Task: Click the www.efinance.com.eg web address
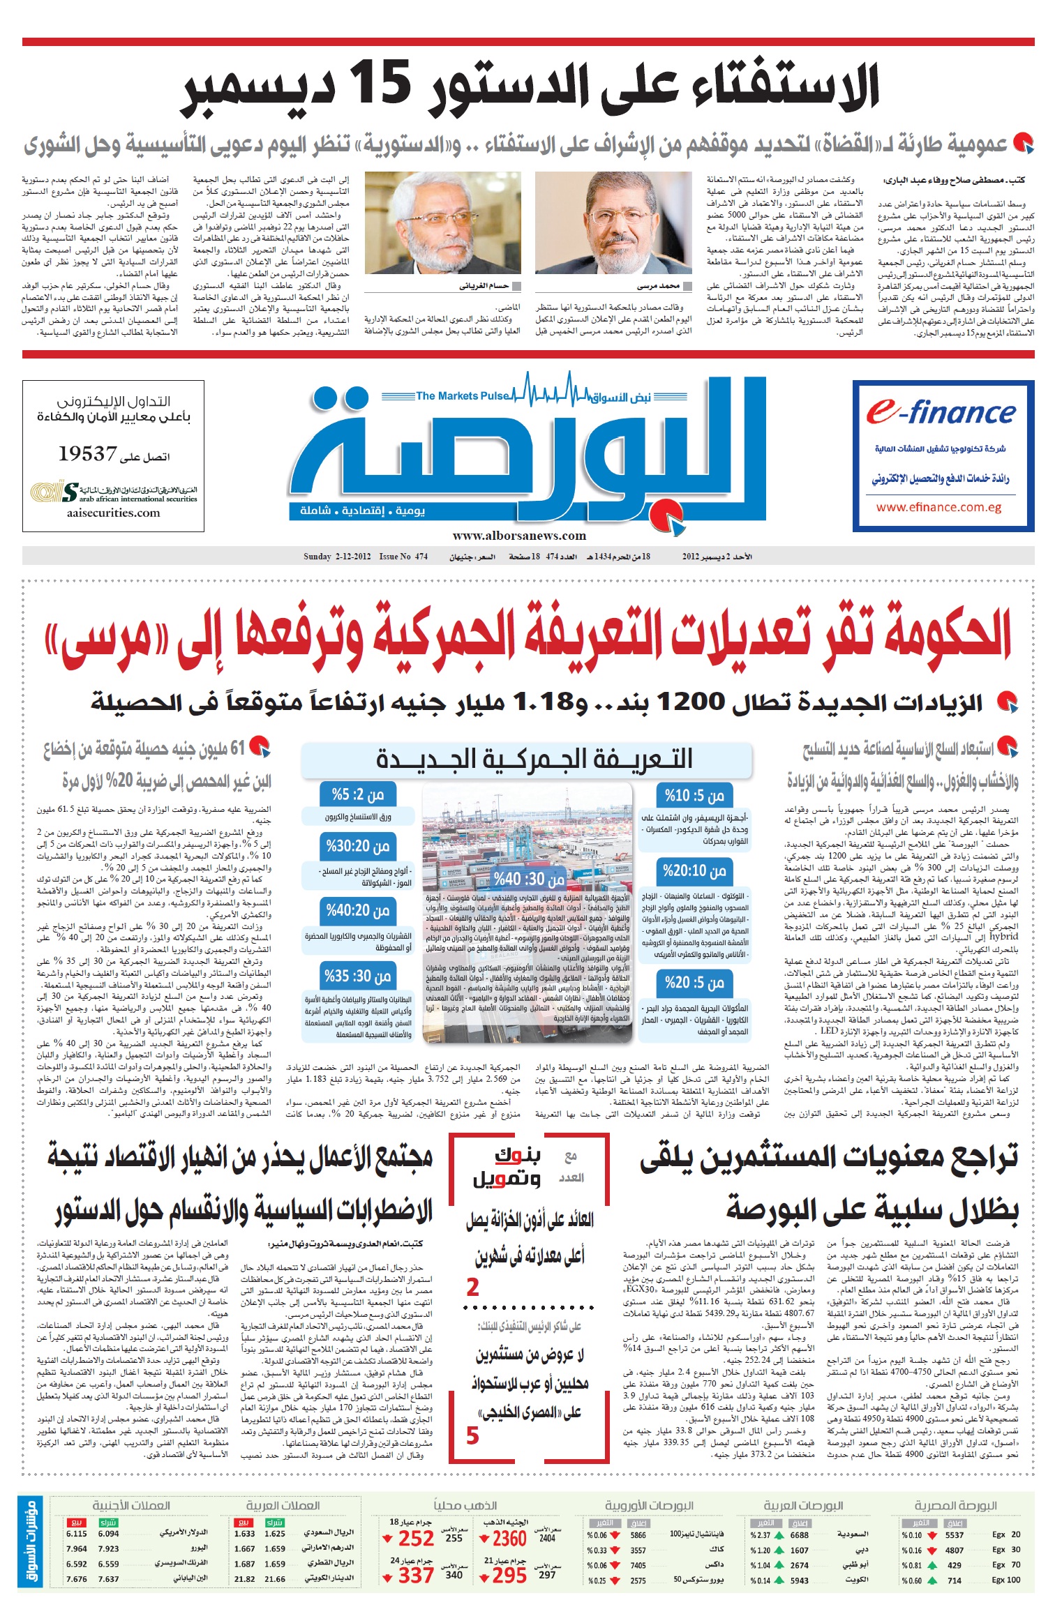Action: tap(938, 508)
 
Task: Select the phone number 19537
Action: tap(87, 455)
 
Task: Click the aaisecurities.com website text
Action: tap(113, 513)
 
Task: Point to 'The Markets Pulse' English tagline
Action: tap(462, 396)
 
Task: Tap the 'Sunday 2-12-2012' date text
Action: tap(336, 557)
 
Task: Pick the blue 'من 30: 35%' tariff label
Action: tap(357, 976)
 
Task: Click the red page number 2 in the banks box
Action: tap(473, 1288)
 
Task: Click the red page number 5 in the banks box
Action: tap(472, 1435)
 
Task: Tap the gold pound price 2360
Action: tap(509, 1538)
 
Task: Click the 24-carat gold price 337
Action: tap(416, 1576)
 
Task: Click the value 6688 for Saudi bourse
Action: tap(799, 1535)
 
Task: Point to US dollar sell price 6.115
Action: tap(77, 1534)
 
